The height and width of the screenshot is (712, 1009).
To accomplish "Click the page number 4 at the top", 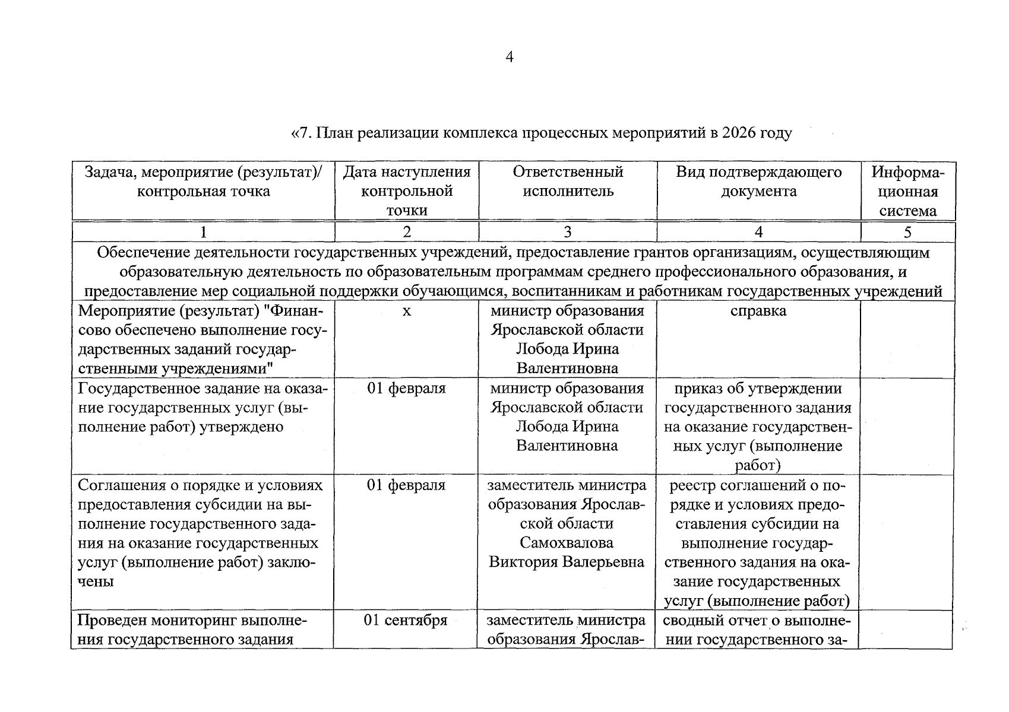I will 508,57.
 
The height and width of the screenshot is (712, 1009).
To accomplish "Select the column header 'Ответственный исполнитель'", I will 568,182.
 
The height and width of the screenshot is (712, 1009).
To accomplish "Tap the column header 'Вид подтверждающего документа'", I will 758,182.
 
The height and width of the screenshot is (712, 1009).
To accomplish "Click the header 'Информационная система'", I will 907,191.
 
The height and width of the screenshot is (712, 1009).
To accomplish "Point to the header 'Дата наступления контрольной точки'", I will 406,191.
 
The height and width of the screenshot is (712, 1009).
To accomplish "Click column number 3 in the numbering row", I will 567,232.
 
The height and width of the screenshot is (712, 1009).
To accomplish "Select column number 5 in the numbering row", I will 907,232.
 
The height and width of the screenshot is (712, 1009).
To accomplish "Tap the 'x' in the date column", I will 406,311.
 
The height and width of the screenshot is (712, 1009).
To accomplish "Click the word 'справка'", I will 758,311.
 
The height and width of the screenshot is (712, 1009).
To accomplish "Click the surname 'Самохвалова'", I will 567,543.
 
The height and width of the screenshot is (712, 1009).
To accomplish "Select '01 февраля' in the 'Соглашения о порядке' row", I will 406,485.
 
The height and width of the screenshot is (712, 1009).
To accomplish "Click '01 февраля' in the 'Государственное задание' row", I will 406,389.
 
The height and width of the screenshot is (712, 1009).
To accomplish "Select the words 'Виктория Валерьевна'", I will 567,562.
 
